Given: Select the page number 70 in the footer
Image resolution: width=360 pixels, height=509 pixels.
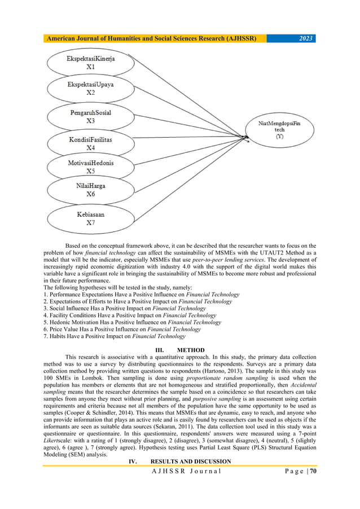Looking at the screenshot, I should (x=310, y=472).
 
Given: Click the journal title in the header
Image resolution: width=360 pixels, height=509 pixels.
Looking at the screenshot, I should (x=152, y=38).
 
